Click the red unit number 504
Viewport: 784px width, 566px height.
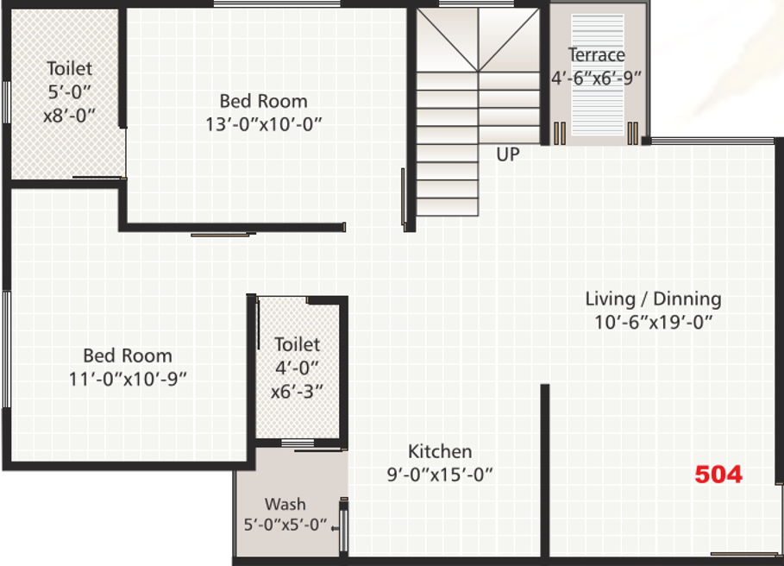(718, 474)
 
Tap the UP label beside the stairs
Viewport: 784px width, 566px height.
(508, 154)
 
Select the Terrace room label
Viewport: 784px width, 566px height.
(596, 55)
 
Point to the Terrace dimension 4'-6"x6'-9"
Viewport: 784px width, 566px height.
(597, 78)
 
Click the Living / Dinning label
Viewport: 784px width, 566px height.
(653, 299)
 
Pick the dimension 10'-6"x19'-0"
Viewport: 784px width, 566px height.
(653, 322)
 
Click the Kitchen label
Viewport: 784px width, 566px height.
(440, 451)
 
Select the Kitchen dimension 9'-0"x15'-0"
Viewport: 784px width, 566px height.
(440, 474)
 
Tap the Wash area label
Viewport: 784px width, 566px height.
(285, 504)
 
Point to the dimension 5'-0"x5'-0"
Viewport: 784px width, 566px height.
(285, 524)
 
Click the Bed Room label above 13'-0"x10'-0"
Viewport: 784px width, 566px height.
(263, 101)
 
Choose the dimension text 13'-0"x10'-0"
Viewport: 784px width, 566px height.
(263, 123)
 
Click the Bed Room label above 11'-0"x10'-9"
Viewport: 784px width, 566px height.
(128, 355)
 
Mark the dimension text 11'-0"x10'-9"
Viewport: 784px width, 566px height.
(128, 378)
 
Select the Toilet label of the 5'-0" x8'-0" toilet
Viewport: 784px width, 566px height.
(69, 68)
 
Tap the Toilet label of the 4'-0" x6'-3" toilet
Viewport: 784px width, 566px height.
(297, 344)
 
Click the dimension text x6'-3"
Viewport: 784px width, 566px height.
(298, 390)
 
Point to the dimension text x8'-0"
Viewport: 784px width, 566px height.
(69, 114)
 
